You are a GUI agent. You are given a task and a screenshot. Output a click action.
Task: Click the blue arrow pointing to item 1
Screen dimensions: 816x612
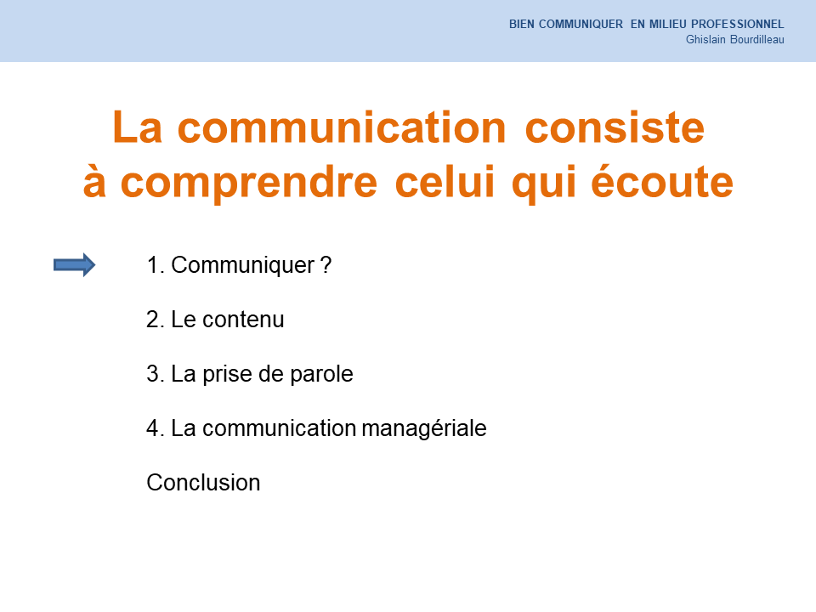tap(75, 265)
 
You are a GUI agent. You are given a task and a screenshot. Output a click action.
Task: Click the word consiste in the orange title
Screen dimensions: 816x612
tap(615, 127)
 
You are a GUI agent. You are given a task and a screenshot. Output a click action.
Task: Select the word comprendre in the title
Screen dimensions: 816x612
tap(249, 184)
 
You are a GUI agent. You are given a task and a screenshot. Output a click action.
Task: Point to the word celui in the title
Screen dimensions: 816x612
tap(445, 181)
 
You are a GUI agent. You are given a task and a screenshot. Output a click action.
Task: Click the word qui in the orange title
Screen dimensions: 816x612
tap(544, 184)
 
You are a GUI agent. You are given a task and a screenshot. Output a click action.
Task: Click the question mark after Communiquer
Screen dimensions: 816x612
tap(326, 265)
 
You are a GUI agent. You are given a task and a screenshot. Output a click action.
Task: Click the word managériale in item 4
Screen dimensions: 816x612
tap(424, 428)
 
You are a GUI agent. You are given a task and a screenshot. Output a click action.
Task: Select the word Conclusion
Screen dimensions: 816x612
tap(203, 483)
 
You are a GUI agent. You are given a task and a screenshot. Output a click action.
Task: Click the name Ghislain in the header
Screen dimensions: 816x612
tap(705, 40)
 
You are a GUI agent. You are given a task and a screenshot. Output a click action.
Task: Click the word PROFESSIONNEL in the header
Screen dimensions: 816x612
tap(738, 24)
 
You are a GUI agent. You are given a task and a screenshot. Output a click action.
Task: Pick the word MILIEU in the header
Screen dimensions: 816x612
tap(668, 24)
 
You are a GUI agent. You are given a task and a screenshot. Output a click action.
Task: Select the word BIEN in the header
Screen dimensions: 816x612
tap(521, 24)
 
